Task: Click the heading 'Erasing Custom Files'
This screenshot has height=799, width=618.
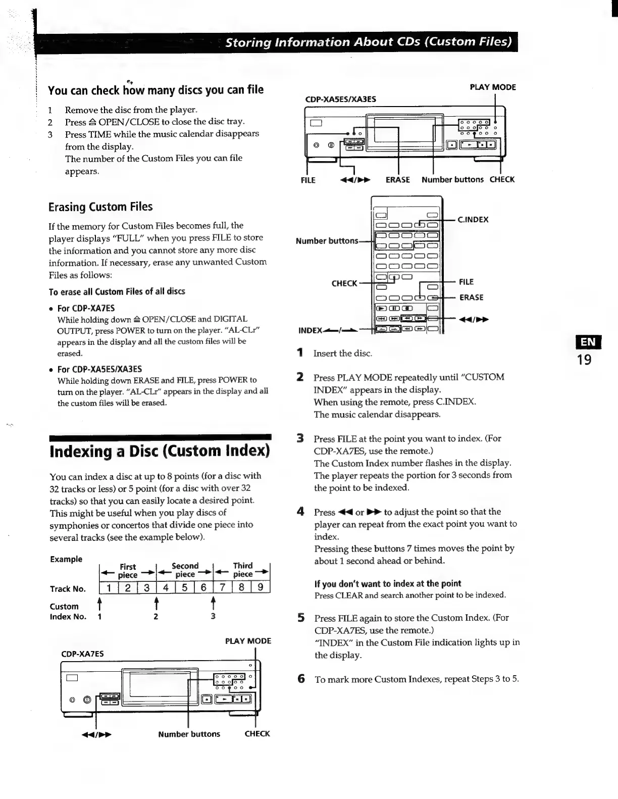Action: point(100,207)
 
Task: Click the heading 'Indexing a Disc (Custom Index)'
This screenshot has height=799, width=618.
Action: point(160,451)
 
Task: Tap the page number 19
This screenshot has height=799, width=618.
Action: point(584,360)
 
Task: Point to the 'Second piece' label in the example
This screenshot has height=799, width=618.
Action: point(185,570)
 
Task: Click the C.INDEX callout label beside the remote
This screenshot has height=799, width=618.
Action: point(473,220)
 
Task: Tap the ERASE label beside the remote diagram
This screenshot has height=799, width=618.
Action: point(471,297)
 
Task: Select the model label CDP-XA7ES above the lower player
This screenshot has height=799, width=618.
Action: point(82,654)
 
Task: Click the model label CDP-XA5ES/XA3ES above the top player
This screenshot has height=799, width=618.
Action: point(341,99)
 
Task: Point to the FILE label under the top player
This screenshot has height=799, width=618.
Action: point(308,180)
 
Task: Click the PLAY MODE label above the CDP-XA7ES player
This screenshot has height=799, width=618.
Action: point(248,641)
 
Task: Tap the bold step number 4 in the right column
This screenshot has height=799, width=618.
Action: point(300,512)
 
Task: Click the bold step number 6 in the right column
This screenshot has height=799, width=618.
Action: point(301,679)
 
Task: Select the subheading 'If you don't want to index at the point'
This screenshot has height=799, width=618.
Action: point(388,584)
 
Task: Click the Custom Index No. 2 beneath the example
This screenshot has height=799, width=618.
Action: point(156,617)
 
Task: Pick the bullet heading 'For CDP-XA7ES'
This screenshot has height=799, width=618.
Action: point(86,308)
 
